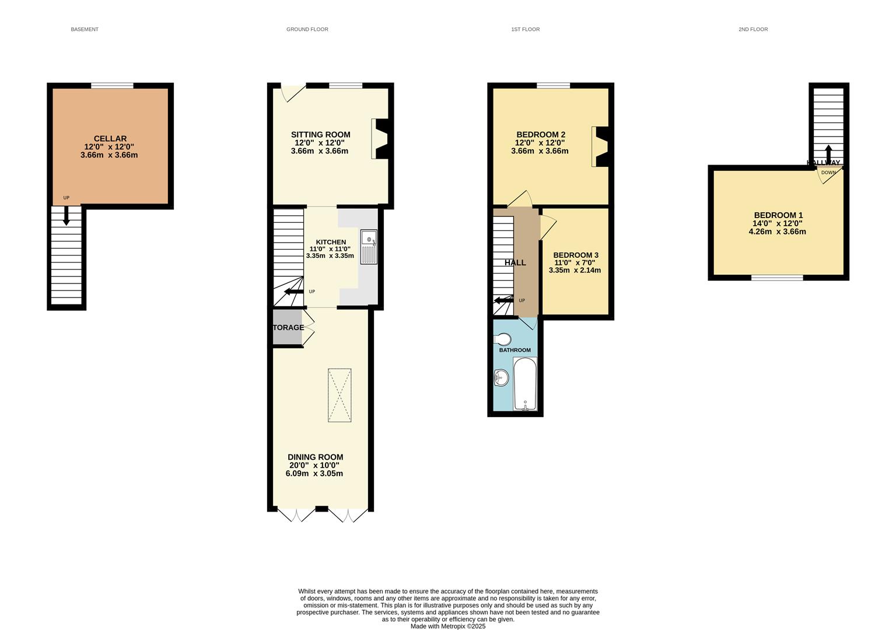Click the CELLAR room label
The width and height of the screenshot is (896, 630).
click(110, 139)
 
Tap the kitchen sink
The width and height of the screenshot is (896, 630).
click(369, 247)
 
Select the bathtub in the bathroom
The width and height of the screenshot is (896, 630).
click(525, 384)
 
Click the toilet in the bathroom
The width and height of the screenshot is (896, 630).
click(502, 339)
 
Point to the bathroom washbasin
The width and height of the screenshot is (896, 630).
click(501, 379)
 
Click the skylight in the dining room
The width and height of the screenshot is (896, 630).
click(339, 395)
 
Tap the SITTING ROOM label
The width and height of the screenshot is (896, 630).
click(319, 135)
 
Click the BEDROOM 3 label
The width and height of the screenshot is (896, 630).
click(575, 255)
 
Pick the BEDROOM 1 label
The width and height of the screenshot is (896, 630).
click(778, 215)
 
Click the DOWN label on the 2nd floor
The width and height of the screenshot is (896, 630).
click(828, 173)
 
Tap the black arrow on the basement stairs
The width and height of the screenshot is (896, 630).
click(66, 216)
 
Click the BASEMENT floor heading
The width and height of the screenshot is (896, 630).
click(85, 29)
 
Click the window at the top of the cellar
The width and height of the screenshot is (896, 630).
click(112, 86)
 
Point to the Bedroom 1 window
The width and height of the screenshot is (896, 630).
click(776, 278)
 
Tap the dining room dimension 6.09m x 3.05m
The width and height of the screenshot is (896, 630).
click(314, 474)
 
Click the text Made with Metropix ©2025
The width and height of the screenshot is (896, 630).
click(447, 626)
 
